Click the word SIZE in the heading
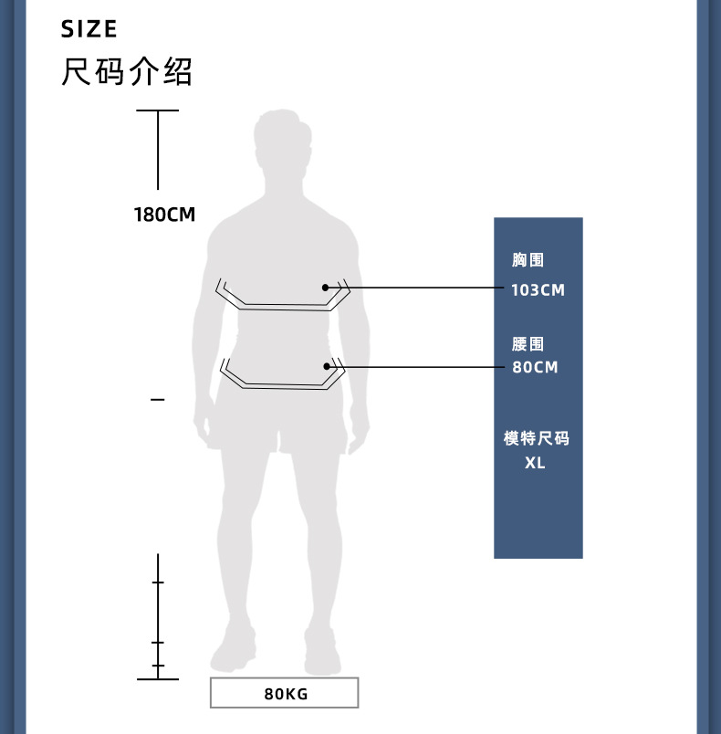tap(89, 29)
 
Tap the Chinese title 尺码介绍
tap(127, 71)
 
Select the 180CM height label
tap(164, 215)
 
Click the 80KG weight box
tap(285, 694)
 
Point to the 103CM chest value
tap(538, 290)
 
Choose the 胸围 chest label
tap(528, 261)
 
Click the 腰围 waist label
tap(528, 344)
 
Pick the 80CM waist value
tap(534, 368)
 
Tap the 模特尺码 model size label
tap(536, 439)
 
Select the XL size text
tap(535, 463)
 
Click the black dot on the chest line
tap(325, 288)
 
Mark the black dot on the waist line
tap(325, 366)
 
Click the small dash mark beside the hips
tap(158, 400)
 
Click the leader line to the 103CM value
tap(420, 288)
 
